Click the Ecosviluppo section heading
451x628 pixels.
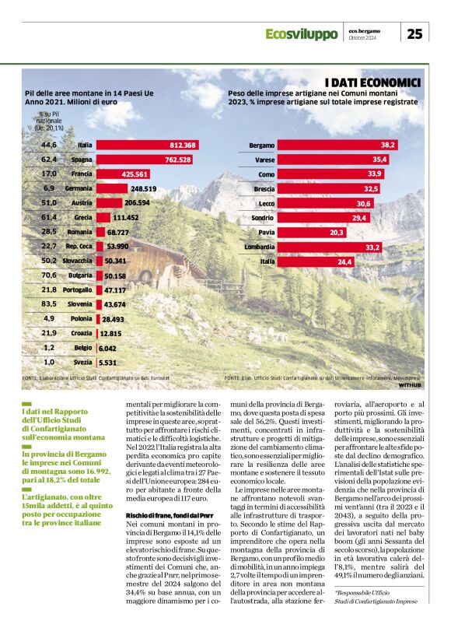pos(301,34)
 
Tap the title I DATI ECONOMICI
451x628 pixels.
pos(372,82)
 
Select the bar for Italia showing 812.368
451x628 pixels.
pos(146,146)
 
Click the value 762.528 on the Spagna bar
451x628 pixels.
pos(177,160)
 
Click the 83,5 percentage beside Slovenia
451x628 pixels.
pos(49,303)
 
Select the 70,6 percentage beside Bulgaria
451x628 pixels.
pos(49,275)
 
